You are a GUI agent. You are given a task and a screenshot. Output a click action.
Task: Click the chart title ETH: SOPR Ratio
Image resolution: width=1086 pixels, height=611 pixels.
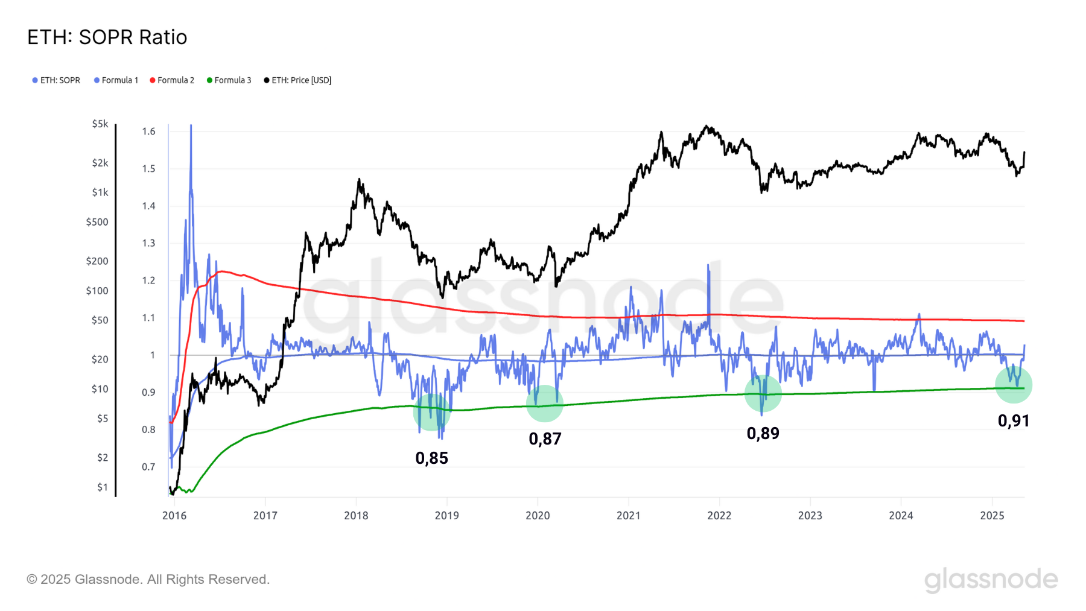click(x=107, y=37)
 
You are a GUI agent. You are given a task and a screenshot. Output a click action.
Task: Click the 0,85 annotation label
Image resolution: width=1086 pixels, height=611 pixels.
click(x=431, y=458)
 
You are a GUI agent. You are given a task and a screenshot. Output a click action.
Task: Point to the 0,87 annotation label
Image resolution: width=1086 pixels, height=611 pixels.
click(x=545, y=439)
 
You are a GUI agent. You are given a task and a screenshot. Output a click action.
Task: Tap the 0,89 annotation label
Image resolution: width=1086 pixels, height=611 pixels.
click(x=763, y=434)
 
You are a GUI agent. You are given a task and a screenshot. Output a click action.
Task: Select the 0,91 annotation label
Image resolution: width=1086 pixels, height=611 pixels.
click(x=1013, y=421)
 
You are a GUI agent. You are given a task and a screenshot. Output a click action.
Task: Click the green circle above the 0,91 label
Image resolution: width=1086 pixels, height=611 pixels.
click(x=1014, y=385)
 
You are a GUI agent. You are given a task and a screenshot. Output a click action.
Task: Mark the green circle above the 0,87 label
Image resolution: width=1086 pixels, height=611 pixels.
click(x=545, y=404)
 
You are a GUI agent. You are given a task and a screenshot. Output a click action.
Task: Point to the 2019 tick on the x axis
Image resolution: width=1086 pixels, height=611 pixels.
click(x=446, y=516)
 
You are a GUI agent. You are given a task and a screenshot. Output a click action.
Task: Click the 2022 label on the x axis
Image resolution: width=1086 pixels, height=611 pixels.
click(x=719, y=516)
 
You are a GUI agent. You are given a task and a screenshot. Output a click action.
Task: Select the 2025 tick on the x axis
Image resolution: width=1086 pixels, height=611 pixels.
click(x=992, y=516)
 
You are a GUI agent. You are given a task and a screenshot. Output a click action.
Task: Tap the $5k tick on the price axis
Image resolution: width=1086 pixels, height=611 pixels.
click(x=100, y=124)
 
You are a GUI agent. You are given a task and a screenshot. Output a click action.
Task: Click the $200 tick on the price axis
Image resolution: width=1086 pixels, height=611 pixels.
click(x=97, y=261)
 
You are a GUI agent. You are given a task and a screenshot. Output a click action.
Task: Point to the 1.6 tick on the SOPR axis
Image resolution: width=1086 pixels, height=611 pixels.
click(x=149, y=131)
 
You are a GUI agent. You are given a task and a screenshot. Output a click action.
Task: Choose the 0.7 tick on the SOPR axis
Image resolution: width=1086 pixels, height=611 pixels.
click(x=149, y=467)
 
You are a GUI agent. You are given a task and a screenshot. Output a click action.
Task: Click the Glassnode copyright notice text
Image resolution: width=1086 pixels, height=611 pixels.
click(x=148, y=580)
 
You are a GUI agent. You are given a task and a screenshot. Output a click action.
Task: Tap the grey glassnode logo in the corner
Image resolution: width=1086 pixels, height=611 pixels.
click(x=991, y=580)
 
